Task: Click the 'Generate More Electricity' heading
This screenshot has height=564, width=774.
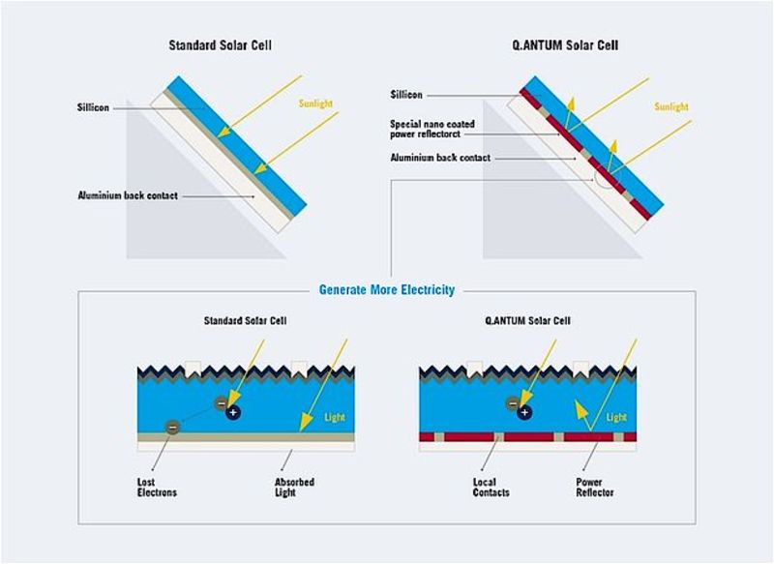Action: [x=386, y=289]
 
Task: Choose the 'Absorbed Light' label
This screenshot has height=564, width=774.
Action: [x=294, y=487]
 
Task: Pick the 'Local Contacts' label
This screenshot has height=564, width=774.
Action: [x=491, y=487]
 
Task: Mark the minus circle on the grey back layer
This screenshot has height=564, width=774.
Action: [x=172, y=426]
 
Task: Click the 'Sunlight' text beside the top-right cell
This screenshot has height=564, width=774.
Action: [x=670, y=106]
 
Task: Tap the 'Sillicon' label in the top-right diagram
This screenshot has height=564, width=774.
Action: [x=406, y=95]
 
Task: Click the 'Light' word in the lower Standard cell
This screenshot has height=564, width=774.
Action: [x=333, y=417]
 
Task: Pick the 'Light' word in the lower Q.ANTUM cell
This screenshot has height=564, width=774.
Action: [x=616, y=417]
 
